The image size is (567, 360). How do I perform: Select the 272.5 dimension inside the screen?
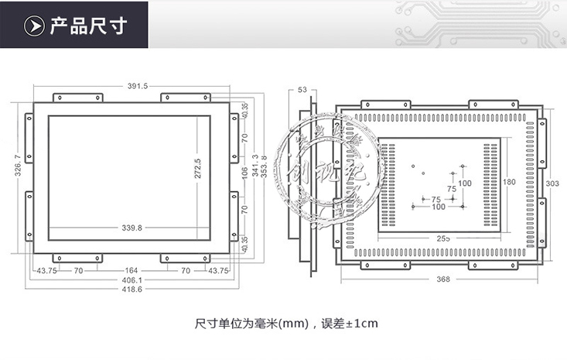tap(197, 169)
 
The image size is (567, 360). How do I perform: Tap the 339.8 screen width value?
tap(132, 228)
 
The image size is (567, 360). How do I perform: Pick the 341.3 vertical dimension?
tap(255, 166)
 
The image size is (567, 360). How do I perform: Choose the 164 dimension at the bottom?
tap(132, 270)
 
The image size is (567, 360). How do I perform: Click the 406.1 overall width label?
tap(132, 279)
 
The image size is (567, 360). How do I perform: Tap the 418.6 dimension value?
tap(132, 290)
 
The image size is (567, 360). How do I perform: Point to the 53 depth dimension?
tap(302, 90)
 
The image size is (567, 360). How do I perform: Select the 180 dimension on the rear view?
tap(508, 183)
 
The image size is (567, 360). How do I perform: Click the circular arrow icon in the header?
tap(34, 26)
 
